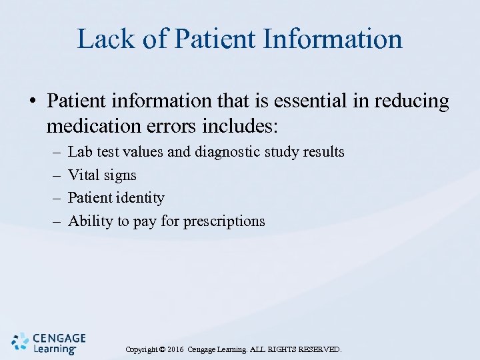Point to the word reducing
tap(414, 102)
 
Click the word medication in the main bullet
tap(91, 125)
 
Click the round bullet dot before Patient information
tap(31, 102)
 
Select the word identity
tap(139, 198)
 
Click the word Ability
tap(91, 221)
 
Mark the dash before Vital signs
tap(55, 175)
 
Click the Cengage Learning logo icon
tap(21, 341)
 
